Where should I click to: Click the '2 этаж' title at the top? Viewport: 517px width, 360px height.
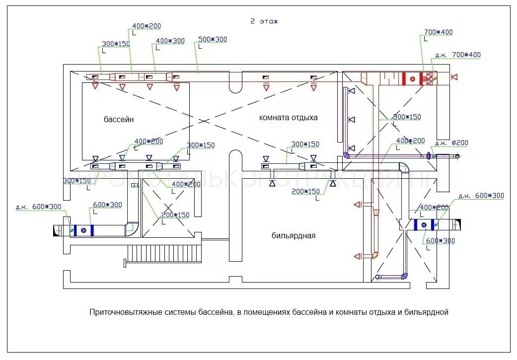pyautogui.click(x=264, y=21)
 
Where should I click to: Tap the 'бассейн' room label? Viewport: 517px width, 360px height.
pyautogui.click(x=119, y=119)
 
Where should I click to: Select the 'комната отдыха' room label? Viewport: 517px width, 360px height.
pyautogui.click(x=288, y=118)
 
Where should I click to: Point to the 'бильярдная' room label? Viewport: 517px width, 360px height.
pyautogui.click(x=294, y=235)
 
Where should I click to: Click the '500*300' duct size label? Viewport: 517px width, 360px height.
pyautogui.click(x=212, y=40)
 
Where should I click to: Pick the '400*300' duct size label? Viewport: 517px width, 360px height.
pyautogui.click(x=170, y=41)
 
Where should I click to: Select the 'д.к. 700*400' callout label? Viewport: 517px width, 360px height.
pyautogui.click(x=457, y=55)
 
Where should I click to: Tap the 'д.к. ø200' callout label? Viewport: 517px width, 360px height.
pyautogui.click(x=451, y=143)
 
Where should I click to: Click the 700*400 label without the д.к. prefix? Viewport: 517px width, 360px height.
pyautogui.click(x=438, y=32)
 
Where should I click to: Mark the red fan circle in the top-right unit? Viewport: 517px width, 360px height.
pyautogui.click(x=412, y=78)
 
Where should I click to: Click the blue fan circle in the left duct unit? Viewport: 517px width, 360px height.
pyautogui.click(x=84, y=229)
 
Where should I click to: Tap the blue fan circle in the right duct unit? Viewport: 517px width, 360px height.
pyautogui.click(x=424, y=225)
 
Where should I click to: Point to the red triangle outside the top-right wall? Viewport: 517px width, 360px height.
pyautogui.click(x=454, y=77)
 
